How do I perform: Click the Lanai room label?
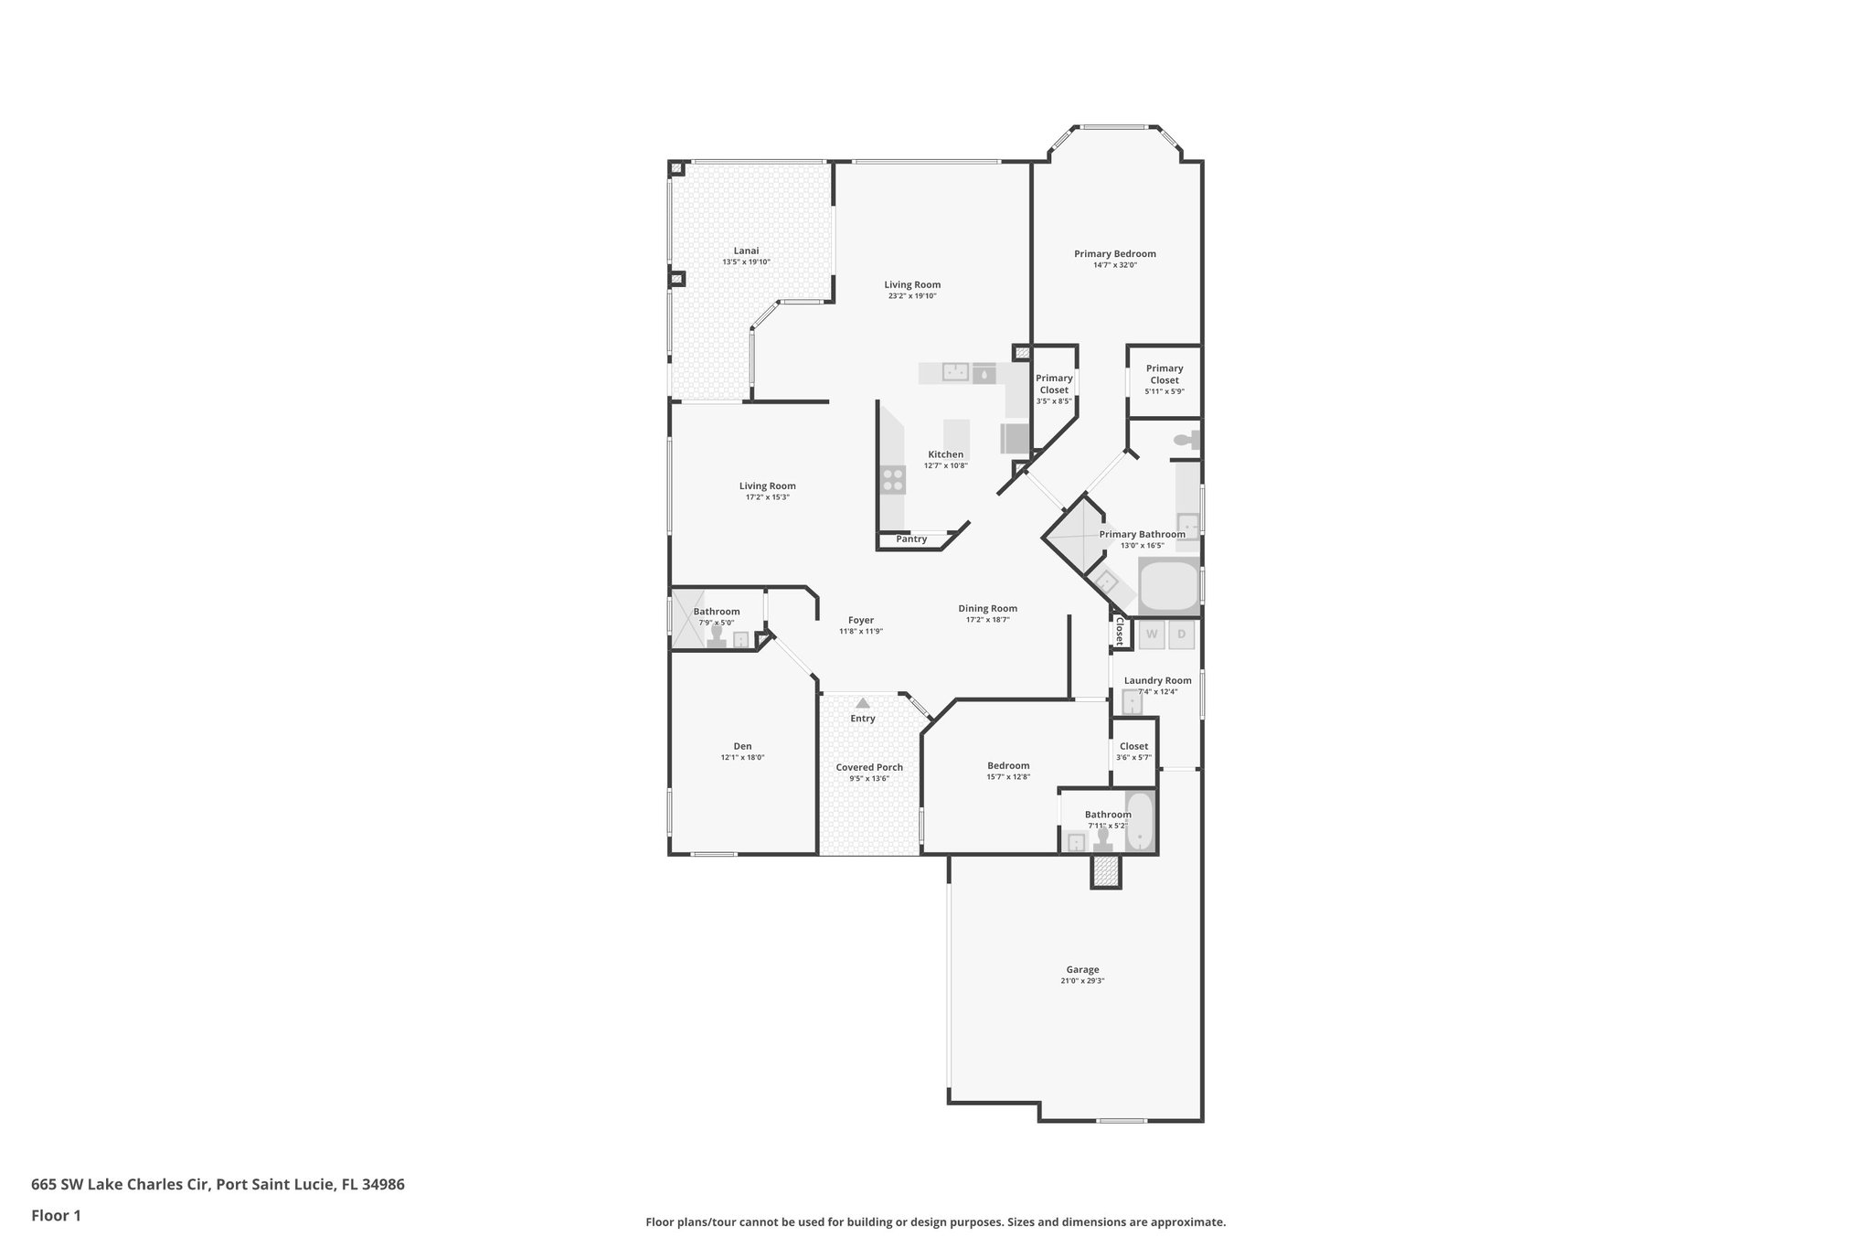(x=746, y=251)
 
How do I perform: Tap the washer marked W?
(x=1152, y=634)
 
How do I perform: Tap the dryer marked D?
(x=1181, y=634)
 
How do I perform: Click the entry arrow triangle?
(x=862, y=703)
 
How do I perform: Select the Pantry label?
(x=911, y=539)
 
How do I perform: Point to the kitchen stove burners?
(x=893, y=480)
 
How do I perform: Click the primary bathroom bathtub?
(x=1168, y=586)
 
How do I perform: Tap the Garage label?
(x=1082, y=970)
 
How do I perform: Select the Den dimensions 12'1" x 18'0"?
(x=742, y=758)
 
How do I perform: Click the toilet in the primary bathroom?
(x=1186, y=441)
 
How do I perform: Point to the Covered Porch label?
(x=869, y=767)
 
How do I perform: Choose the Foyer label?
(x=861, y=620)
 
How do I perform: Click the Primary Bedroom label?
(x=1114, y=254)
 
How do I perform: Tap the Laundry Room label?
(x=1157, y=680)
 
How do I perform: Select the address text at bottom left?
(x=218, y=1184)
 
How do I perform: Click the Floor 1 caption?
(x=56, y=1215)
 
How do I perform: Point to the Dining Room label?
(x=987, y=609)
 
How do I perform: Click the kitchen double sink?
(x=956, y=371)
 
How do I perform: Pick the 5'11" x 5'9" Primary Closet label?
(x=1164, y=374)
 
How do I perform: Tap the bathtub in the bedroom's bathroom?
(x=1140, y=821)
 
